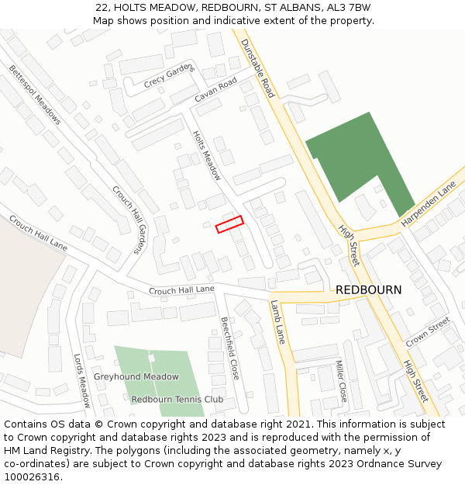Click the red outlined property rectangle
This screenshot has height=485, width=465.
229,224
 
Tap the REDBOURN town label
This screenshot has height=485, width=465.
368,289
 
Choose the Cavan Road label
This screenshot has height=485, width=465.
216,89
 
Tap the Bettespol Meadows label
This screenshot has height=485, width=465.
35,95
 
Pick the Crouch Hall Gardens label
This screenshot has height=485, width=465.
129,219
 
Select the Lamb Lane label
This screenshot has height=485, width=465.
277,322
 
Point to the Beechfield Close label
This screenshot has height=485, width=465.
229,348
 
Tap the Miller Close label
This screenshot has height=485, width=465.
342,381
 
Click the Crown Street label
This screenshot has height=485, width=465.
427,332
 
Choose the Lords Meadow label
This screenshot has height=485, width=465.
82,380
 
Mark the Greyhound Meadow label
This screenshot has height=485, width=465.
136,377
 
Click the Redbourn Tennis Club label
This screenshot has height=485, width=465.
177,400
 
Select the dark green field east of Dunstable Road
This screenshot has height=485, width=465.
360,162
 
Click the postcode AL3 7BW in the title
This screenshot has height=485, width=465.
349,7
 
